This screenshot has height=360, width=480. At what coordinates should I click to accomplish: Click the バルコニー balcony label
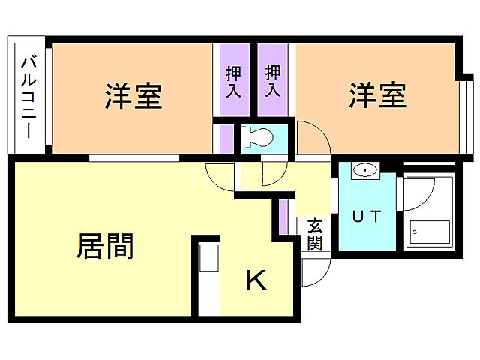29,97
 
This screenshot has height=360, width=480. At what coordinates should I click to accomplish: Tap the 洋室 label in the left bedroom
133,96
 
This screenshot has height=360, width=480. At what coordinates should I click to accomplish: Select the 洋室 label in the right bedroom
377,96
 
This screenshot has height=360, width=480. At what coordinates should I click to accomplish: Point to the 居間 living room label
105,245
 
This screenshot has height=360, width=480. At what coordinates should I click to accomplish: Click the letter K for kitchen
256,280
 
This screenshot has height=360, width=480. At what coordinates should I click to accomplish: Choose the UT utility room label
367,217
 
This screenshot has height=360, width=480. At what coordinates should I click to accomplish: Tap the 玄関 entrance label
315,233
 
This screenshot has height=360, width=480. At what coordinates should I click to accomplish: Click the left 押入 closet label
234,81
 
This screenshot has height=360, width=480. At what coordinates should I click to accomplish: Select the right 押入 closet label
273,81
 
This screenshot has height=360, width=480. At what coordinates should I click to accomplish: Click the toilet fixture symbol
257,139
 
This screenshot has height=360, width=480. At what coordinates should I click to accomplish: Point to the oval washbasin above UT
364,170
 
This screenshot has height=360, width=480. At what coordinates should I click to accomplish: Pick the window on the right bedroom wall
466,112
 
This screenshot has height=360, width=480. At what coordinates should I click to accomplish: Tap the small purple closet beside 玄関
283,217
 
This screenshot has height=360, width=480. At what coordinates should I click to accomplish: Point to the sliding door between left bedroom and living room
135,157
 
